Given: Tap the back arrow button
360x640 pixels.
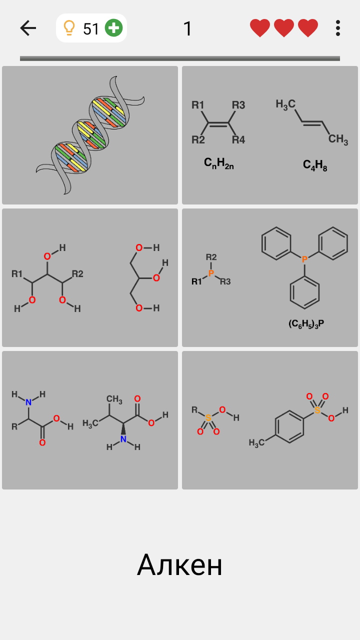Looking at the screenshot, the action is [28, 28].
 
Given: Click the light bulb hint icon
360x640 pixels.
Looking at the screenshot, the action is [69, 28].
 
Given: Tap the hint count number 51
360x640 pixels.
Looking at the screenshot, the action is [91, 29].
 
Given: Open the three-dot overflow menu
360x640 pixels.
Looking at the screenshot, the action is [338, 28].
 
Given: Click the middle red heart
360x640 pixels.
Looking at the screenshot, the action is [284, 28].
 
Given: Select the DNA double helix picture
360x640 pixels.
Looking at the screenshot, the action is [90, 135].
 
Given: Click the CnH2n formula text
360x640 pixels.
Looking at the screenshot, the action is [219, 163].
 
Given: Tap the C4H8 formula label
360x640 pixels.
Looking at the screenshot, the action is [315, 165].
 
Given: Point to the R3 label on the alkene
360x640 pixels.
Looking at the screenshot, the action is [238, 105].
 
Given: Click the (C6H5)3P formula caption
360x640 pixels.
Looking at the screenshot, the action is [306, 323].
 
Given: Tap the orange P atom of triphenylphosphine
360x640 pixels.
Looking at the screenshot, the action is [304, 259].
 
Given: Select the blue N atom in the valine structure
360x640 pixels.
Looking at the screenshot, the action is [123, 439].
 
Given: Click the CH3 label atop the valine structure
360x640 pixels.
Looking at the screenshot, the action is [114, 399].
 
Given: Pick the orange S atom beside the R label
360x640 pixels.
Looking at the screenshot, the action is [208, 417].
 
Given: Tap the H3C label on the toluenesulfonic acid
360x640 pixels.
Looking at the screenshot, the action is [256, 442].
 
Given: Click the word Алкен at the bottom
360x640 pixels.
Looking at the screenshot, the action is [179, 565].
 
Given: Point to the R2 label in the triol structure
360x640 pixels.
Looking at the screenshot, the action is [77, 273].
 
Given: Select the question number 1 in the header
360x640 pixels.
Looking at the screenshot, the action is [187, 28].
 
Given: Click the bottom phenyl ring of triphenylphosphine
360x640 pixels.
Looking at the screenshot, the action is [304, 292].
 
